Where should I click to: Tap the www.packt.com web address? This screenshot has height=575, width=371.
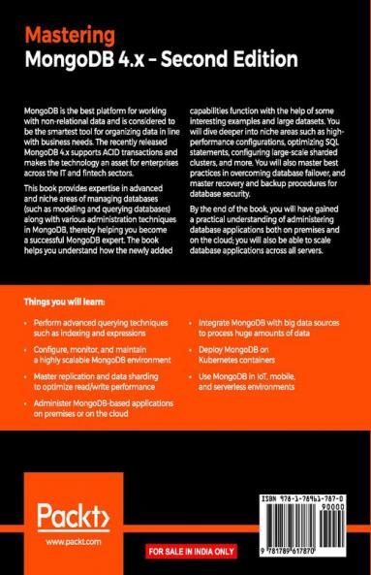tap(66, 544)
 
